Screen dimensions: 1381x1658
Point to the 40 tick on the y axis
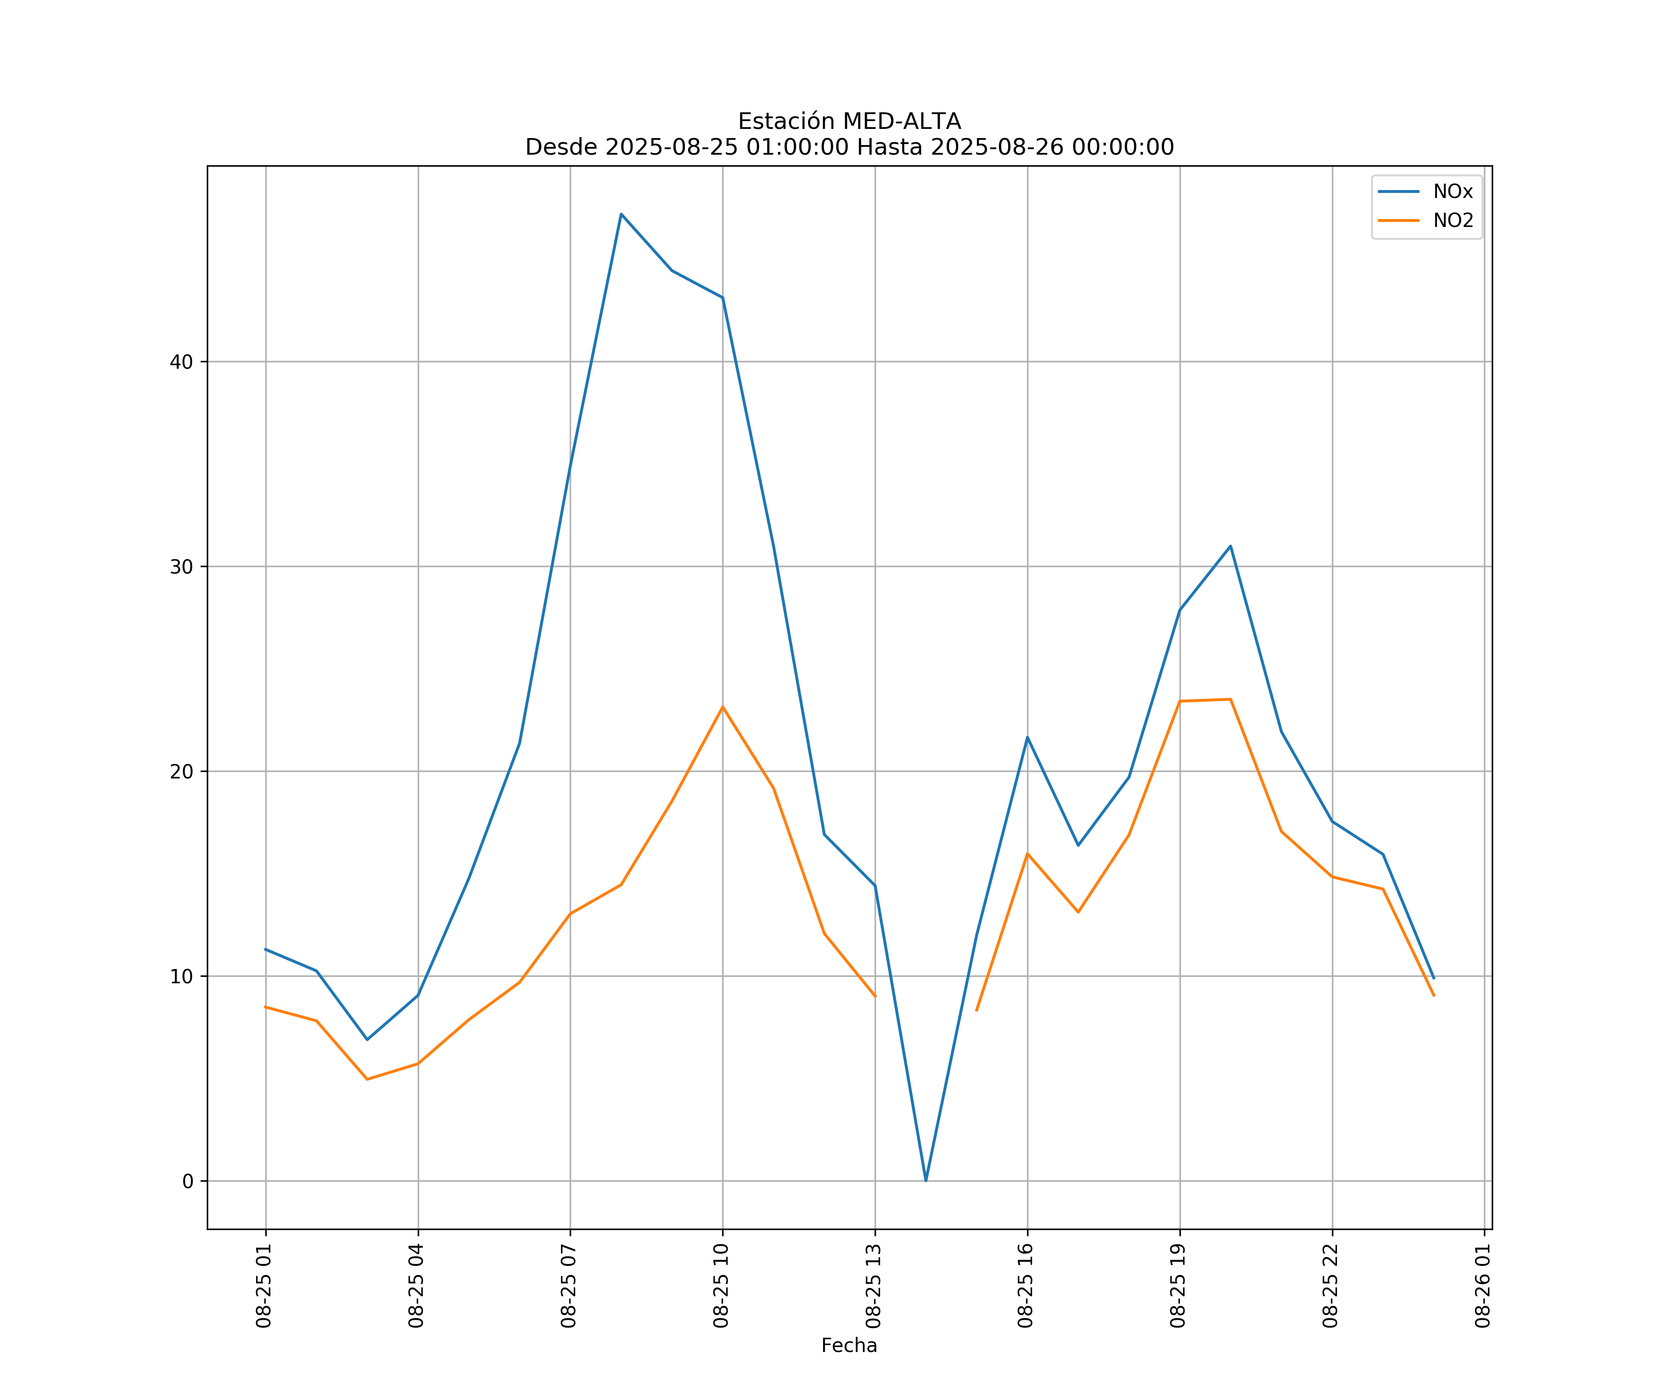pyautogui.click(x=181, y=362)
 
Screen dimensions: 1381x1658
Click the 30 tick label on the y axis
pyautogui.click(x=181, y=567)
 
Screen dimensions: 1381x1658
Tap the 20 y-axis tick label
pyautogui.click(x=181, y=772)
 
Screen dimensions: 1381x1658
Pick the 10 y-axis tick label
pyautogui.click(x=181, y=976)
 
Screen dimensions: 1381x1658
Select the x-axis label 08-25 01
pyautogui.click(x=264, y=1286)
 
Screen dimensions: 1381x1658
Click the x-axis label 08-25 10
pyautogui.click(x=721, y=1286)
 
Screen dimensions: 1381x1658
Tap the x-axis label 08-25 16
pyautogui.click(x=1026, y=1286)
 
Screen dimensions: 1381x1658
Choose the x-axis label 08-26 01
pyautogui.click(x=1483, y=1286)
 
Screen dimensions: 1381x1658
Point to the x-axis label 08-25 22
pyautogui.click(x=1331, y=1286)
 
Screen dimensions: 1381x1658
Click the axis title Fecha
pyautogui.click(x=849, y=1346)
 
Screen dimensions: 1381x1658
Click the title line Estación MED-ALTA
pyautogui.click(x=849, y=122)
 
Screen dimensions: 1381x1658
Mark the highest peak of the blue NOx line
pyautogui.click(x=621, y=214)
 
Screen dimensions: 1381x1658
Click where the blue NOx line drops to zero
pyautogui.click(x=926, y=1181)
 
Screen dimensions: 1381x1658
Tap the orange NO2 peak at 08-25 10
pyautogui.click(x=723, y=707)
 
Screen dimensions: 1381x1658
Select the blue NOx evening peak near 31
pyautogui.click(x=1230, y=546)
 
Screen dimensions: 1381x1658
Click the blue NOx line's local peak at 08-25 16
pyautogui.click(x=1027, y=737)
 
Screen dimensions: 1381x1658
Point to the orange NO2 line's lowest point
pyautogui.click(x=367, y=1079)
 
